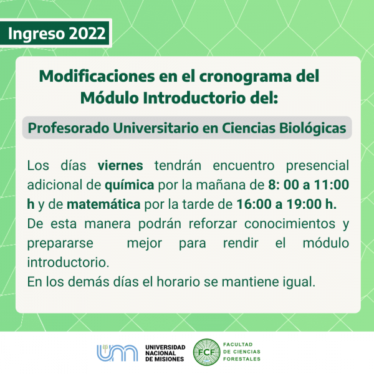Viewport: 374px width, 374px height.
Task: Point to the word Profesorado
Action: point(69,128)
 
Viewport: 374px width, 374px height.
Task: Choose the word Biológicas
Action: point(312,128)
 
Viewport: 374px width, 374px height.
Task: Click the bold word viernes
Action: point(120,165)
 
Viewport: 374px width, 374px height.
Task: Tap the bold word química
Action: point(130,185)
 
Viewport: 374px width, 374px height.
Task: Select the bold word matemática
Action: point(103,204)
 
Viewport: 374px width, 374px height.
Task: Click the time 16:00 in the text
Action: point(254,204)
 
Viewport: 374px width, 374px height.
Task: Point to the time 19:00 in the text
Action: point(303,204)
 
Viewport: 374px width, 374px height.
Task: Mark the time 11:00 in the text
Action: point(332,185)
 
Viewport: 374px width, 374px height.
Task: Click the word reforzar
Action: point(213,224)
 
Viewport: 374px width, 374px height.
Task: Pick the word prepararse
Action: point(60,244)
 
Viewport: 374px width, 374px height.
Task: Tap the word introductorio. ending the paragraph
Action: point(68,262)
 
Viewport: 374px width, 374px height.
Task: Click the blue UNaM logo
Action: point(117,353)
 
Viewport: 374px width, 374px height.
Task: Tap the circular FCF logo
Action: point(206,352)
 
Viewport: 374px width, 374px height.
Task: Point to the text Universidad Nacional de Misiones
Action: point(165,353)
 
